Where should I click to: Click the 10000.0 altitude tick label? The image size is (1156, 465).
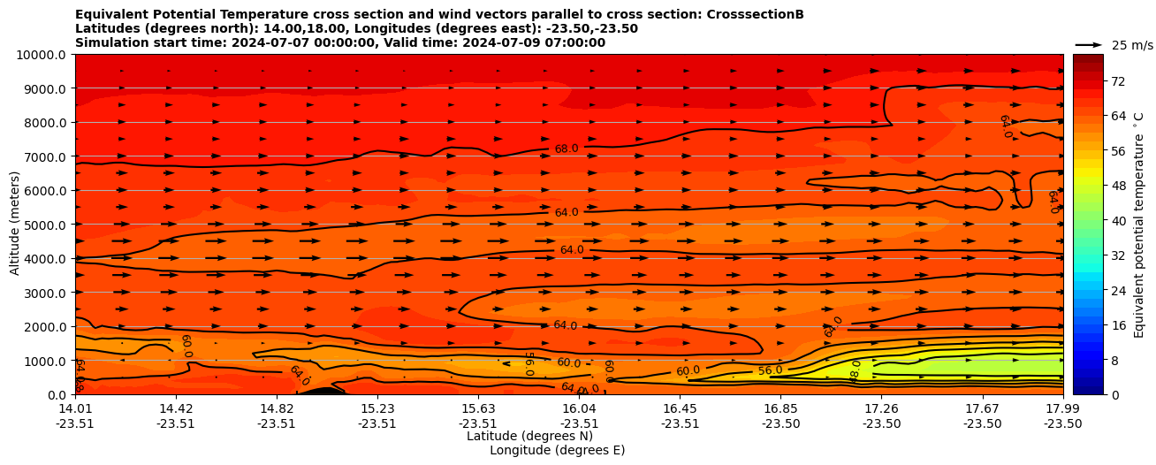pyautogui.click(x=41, y=55)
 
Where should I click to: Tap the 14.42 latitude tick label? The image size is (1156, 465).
pyautogui.click(x=176, y=408)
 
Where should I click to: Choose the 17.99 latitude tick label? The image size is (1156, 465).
pyautogui.click(x=1062, y=408)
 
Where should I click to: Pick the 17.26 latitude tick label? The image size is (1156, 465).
pyautogui.click(x=881, y=408)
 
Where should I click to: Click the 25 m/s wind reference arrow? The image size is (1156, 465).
pyautogui.click(x=1088, y=44)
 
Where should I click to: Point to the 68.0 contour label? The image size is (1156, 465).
pyautogui.click(x=566, y=149)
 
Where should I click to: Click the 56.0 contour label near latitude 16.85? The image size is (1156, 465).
pyautogui.click(x=770, y=370)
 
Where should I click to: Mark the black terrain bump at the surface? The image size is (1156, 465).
pyautogui.click(x=323, y=391)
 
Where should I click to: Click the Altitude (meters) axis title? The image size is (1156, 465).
pyautogui.click(x=15, y=225)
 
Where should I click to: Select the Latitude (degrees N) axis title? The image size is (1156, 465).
pyautogui.click(x=529, y=436)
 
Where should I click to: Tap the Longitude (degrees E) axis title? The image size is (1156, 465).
pyautogui.click(x=557, y=450)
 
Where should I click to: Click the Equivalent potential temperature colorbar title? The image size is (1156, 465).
pyautogui.click(x=1139, y=225)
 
